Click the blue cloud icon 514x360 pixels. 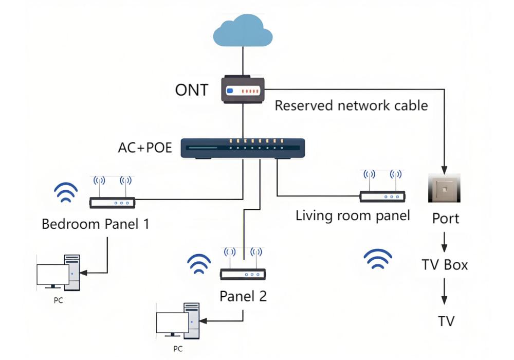(x=243, y=30)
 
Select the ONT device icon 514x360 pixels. (x=243, y=89)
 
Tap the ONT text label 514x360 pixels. (x=192, y=91)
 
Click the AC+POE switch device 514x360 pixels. (x=243, y=148)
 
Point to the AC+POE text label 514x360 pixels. (x=145, y=148)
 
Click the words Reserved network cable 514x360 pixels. (x=351, y=106)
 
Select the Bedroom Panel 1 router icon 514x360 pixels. (x=112, y=198)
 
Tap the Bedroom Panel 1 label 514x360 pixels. (x=95, y=224)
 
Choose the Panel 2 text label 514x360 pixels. (x=243, y=297)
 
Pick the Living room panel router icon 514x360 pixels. (x=382, y=191)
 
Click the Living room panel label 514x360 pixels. (x=353, y=215)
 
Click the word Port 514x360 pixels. (x=445, y=219)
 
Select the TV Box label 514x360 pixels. (x=445, y=265)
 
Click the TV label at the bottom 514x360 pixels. (x=446, y=321)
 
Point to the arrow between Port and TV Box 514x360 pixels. (x=445, y=242)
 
